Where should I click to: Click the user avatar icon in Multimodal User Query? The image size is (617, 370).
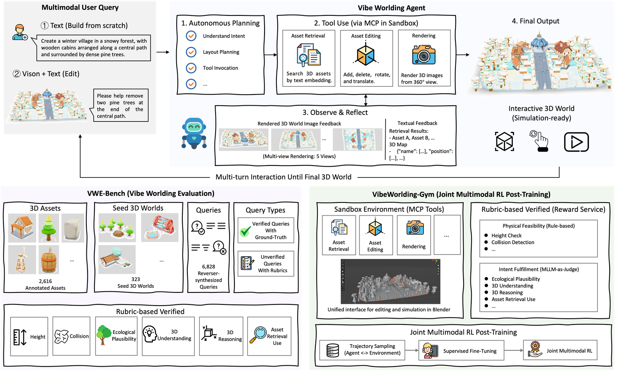coord(20,32)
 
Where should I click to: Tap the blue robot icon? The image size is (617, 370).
coord(194,133)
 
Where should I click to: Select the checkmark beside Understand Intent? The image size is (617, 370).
coord(191,36)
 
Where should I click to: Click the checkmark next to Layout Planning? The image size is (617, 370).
coord(191,52)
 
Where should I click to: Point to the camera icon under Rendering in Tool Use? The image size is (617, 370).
coord(424,55)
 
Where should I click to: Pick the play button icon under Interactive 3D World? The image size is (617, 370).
coord(577,142)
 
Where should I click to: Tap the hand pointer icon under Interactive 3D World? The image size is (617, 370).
coord(539,141)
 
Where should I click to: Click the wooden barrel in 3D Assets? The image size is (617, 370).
coord(49,260)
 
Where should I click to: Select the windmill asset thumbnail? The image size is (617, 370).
coord(22,260)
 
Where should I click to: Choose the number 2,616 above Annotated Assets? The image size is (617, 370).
coord(46,281)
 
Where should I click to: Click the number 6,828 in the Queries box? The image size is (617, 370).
coord(209,267)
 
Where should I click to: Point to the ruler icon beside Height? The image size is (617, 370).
coord(20,337)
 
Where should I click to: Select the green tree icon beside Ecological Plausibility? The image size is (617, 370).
coord(103,335)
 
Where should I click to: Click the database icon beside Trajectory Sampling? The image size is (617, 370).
coord(332,350)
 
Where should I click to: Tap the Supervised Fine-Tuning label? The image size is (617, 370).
coord(470,351)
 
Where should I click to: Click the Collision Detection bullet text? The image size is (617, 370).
coord(513,242)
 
